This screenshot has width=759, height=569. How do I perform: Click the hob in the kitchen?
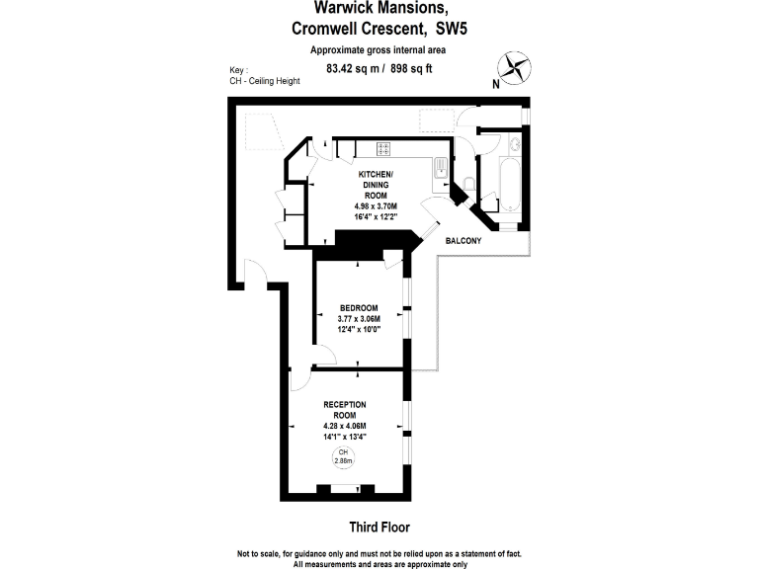tap(383, 149)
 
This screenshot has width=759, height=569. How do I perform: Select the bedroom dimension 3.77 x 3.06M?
tap(359, 319)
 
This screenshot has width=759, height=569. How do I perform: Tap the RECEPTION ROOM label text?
tap(345, 410)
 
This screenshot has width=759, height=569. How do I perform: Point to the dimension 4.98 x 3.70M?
tap(376, 205)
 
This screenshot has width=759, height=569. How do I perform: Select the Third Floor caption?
tap(379, 528)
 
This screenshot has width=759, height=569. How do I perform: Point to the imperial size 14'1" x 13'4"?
tap(345, 436)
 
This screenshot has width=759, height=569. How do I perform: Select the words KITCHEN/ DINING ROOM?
tap(376, 184)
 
